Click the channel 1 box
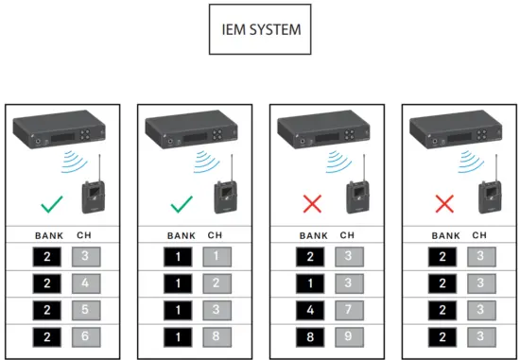coord(215,255)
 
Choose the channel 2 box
coord(215,282)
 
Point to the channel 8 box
coord(215,335)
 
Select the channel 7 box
coord(347,309)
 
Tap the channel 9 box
coord(347,335)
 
